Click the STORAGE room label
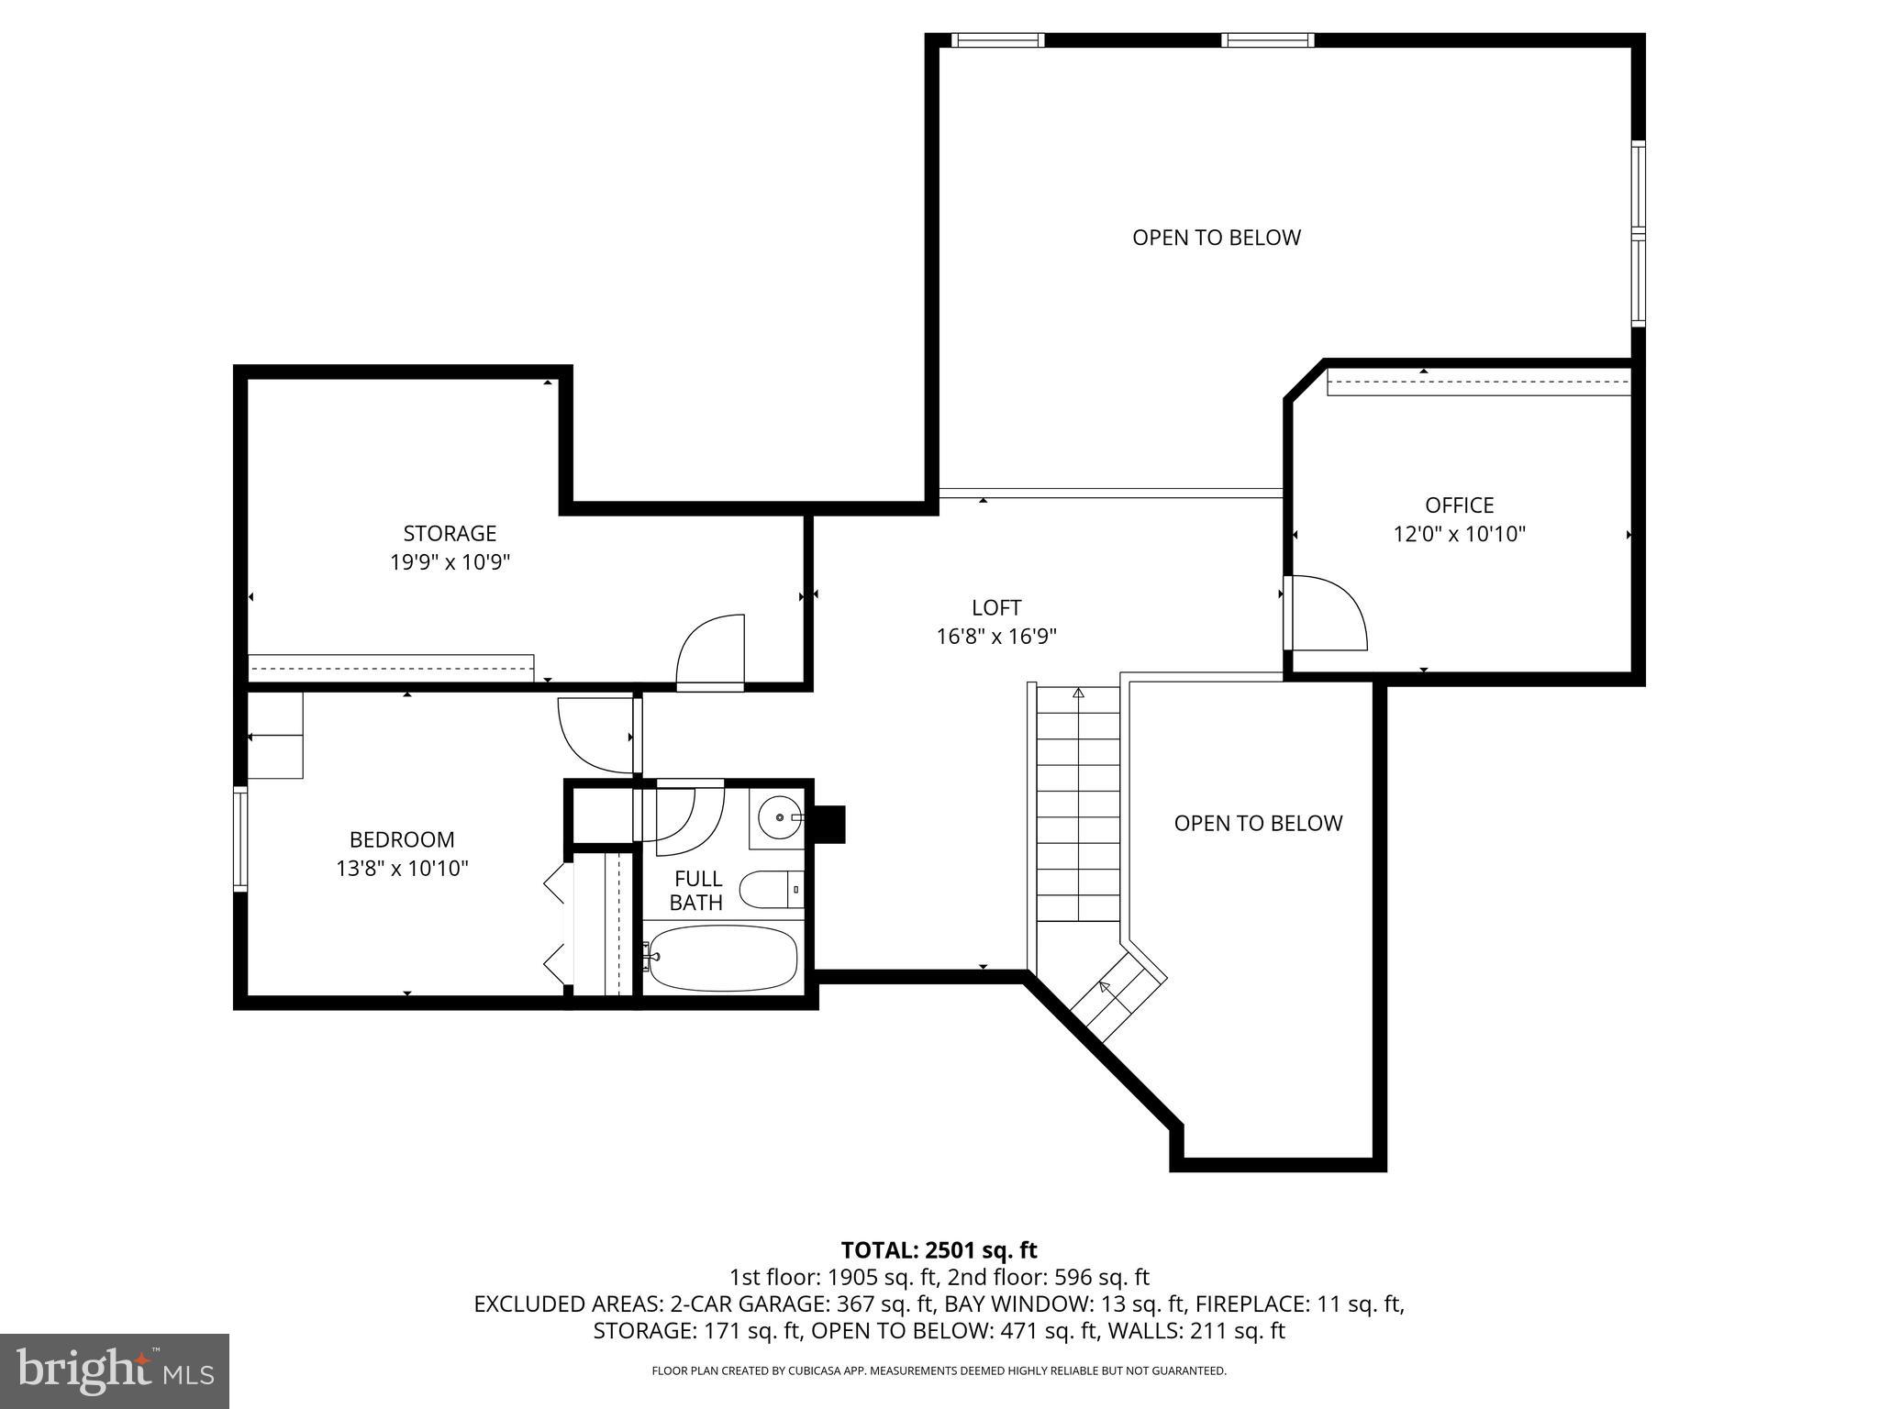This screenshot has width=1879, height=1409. coord(450,533)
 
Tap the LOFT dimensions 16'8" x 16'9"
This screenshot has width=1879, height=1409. coord(996,637)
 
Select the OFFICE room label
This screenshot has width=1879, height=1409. coord(1459,505)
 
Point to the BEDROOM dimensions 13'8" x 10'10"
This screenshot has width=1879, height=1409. coord(402,868)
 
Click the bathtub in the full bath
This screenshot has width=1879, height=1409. coord(721,958)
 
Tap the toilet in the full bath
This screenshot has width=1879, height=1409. coord(769,889)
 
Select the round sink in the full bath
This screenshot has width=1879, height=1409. coord(777,815)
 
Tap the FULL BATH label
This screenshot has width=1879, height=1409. coord(696,891)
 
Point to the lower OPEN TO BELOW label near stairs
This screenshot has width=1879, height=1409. coord(1258,823)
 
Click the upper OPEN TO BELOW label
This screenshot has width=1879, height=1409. coord(1216,238)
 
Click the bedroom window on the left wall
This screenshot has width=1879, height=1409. coord(240,838)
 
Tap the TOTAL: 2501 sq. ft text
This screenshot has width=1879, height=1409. coord(939,1250)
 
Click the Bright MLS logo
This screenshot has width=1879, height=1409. coord(115,1370)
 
